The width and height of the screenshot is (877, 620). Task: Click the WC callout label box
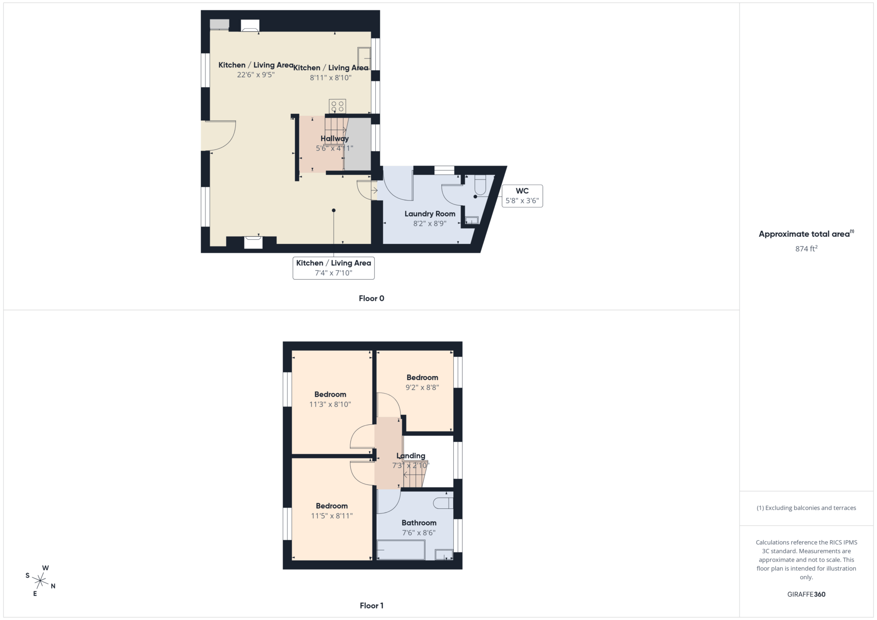click(x=522, y=196)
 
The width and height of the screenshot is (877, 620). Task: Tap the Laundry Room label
click(x=430, y=214)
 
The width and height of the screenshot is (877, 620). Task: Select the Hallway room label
click(x=335, y=138)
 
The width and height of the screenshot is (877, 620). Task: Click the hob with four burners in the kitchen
click(x=337, y=106)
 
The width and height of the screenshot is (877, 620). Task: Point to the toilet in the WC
click(x=480, y=185)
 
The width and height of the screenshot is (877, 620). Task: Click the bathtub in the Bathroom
click(x=401, y=550)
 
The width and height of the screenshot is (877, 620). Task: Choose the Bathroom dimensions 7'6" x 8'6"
click(x=419, y=533)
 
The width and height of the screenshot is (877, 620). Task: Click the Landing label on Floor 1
click(x=411, y=456)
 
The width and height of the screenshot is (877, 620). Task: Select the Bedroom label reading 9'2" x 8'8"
click(x=422, y=377)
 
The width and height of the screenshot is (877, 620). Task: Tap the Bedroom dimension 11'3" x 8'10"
click(x=330, y=405)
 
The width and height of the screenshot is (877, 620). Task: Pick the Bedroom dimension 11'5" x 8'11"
click(x=332, y=516)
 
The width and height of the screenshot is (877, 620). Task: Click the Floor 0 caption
click(x=372, y=298)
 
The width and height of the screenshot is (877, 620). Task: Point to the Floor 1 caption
click(x=372, y=606)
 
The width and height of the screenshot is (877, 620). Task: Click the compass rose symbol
click(x=41, y=581)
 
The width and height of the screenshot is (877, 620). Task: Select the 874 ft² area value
click(x=806, y=249)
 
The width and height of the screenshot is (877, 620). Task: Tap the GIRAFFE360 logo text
click(x=806, y=594)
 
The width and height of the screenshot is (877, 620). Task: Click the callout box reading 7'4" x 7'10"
click(x=333, y=268)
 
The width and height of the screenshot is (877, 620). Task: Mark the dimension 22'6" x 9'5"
click(x=256, y=75)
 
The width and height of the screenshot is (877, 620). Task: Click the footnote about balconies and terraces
click(x=806, y=508)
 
